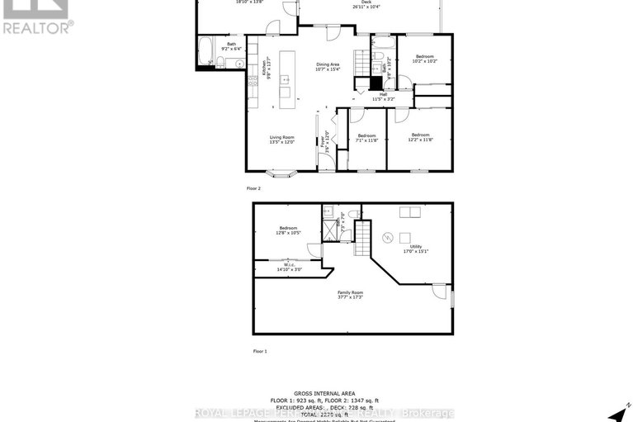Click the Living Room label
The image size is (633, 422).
point(281,140)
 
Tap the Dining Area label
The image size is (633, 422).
point(328,67)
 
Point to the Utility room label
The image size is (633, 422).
point(416,249)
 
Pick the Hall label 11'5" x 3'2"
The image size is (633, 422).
point(383,97)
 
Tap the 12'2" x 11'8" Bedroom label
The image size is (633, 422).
point(420,137)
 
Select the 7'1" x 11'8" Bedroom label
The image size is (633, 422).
point(366,137)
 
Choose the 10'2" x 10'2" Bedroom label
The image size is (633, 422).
point(425,59)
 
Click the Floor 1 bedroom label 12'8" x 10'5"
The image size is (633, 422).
point(288,230)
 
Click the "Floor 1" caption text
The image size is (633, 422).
point(260,351)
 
